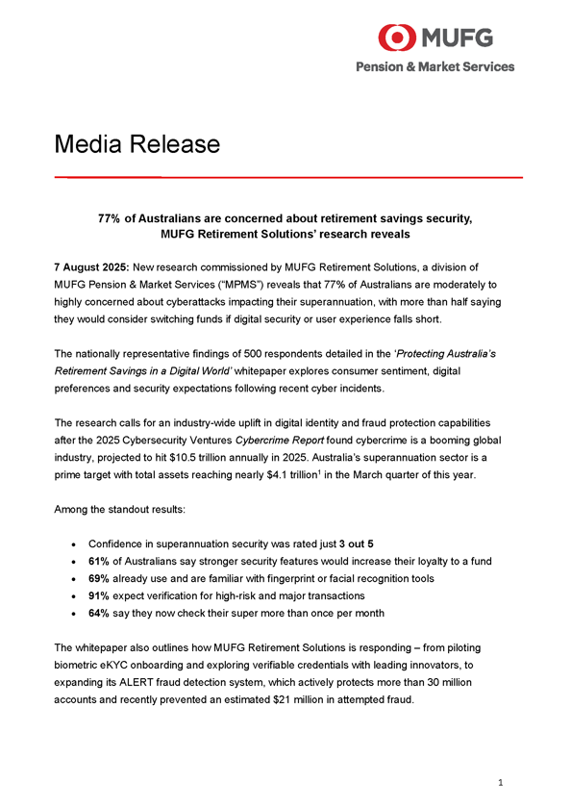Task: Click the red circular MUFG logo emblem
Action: [397, 38]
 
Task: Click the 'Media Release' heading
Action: [137, 144]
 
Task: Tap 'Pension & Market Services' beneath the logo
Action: [435, 66]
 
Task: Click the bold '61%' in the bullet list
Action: [100, 561]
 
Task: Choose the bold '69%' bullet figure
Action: [100, 578]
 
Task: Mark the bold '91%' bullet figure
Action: [100, 595]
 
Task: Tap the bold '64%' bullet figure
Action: [100, 613]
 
